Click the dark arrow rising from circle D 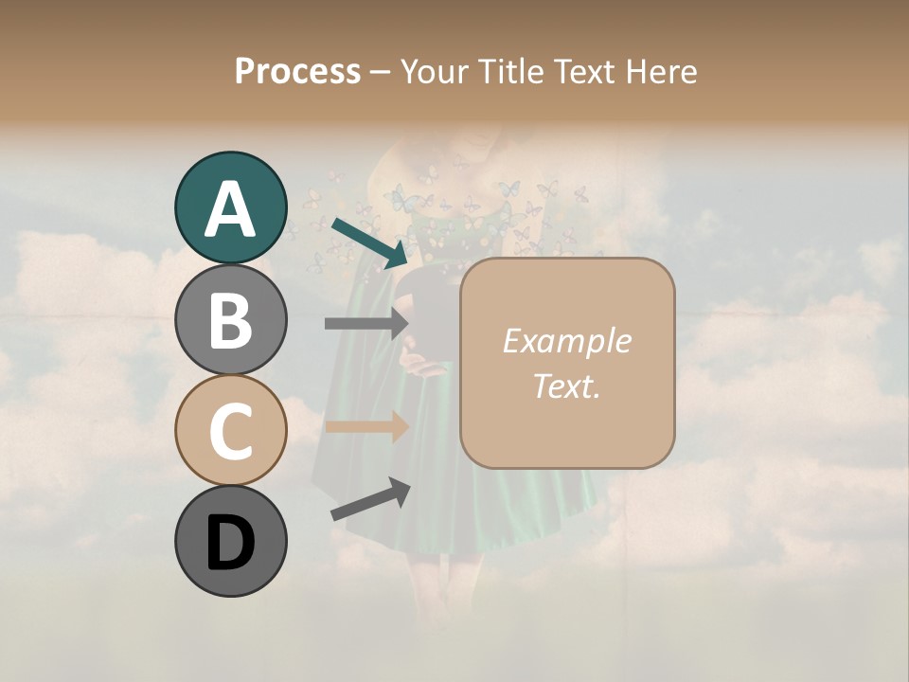click(370, 500)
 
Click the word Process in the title click(297, 71)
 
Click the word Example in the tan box click(566, 341)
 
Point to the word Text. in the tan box click(566, 386)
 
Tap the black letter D click(231, 543)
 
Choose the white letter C click(231, 432)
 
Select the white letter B click(231, 320)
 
